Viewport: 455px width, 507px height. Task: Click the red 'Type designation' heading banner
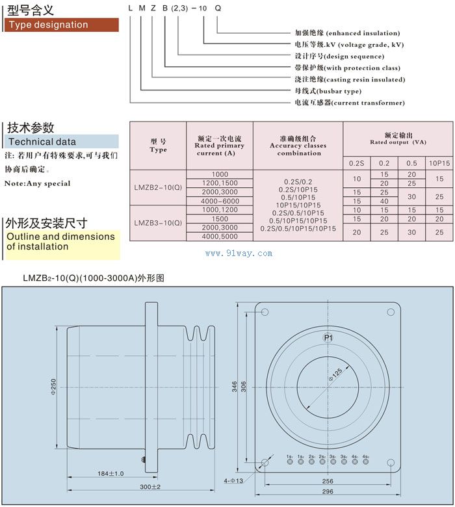[x=61, y=25]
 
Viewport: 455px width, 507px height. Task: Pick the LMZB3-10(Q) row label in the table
[x=158, y=223]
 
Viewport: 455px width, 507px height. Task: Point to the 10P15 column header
[x=439, y=162]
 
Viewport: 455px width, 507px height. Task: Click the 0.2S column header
[x=356, y=162]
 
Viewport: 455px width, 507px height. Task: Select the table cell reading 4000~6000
[x=220, y=201]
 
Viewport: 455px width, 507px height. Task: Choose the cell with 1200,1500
[x=220, y=183]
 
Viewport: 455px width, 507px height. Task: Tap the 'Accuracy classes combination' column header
[x=298, y=146]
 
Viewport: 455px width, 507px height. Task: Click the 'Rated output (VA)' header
[x=398, y=138]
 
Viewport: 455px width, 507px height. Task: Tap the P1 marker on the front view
[x=328, y=338]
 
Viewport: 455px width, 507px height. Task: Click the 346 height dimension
[x=235, y=387]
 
